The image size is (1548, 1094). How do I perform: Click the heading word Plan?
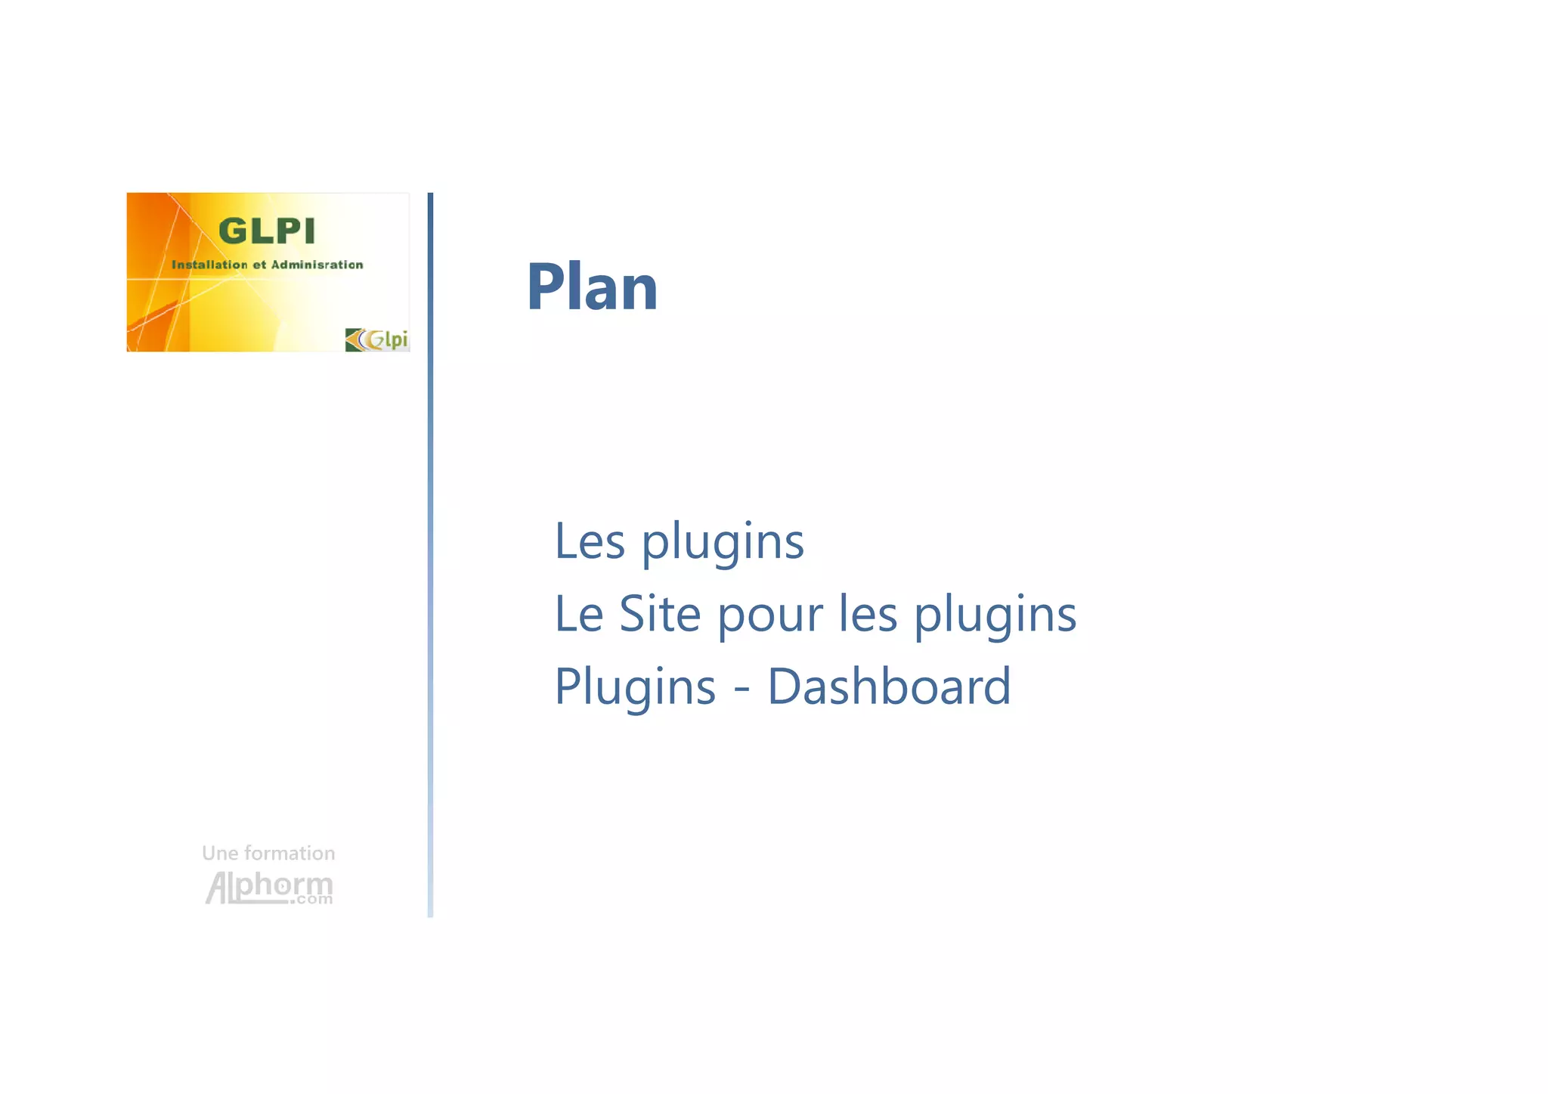(x=592, y=287)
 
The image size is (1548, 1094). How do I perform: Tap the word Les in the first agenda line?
(x=590, y=541)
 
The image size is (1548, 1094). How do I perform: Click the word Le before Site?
(x=578, y=613)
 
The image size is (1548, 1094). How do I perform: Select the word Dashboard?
(x=889, y=686)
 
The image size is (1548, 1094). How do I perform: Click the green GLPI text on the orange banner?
(x=267, y=231)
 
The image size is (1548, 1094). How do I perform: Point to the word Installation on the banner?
(x=209, y=265)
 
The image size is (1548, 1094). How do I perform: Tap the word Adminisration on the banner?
(x=317, y=265)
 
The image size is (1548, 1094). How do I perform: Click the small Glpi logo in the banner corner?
(x=376, y=339)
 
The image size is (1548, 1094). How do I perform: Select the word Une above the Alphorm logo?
(x=219, y=854)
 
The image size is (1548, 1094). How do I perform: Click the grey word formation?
(x=290, y=854)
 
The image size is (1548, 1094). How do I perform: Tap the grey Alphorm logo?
(x=268, y=886)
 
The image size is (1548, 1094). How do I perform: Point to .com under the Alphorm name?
(x=312, y=900)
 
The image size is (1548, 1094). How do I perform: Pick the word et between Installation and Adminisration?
(x=259, y=265)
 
